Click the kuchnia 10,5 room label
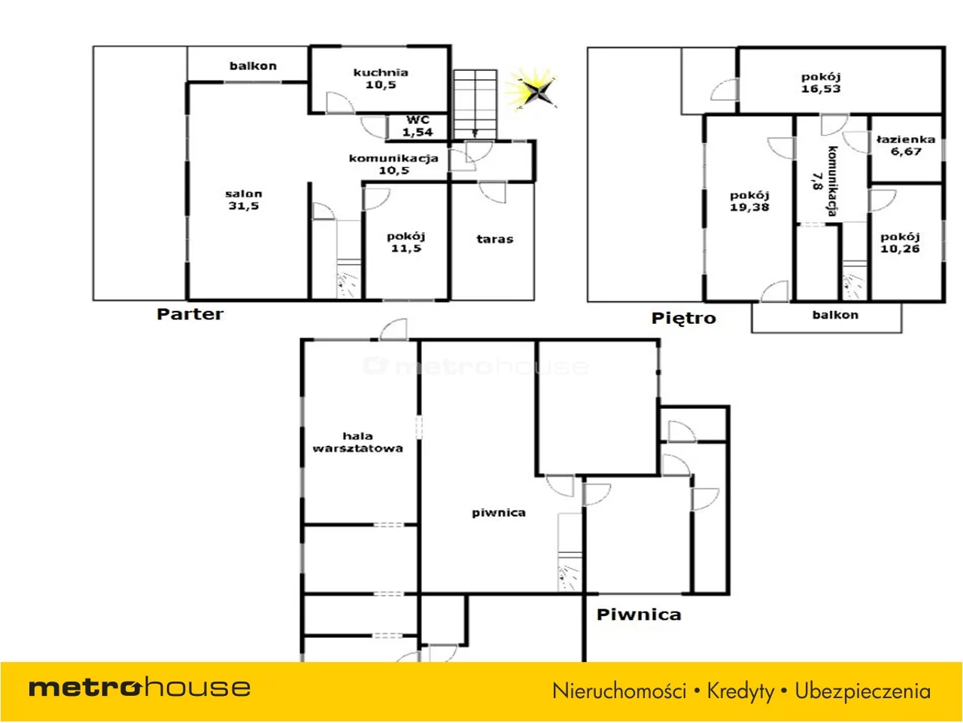(381, 78)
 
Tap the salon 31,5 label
(244, 200)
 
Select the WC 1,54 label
(418, 126)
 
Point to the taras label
(495, 239)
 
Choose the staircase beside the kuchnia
(475, 105)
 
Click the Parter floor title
(190, 314)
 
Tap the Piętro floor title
(684, 319)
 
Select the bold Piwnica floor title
(639, 615)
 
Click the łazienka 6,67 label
(906, 145)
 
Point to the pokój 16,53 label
(821, 83)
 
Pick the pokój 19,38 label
(749, 202)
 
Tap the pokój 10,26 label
(900, 243)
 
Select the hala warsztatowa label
(357, 442)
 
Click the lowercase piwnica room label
(499, 513)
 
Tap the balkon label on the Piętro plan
(835, 316)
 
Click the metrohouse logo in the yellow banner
(139, 688)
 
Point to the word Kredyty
(740, 691)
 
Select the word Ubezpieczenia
(863, 691)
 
